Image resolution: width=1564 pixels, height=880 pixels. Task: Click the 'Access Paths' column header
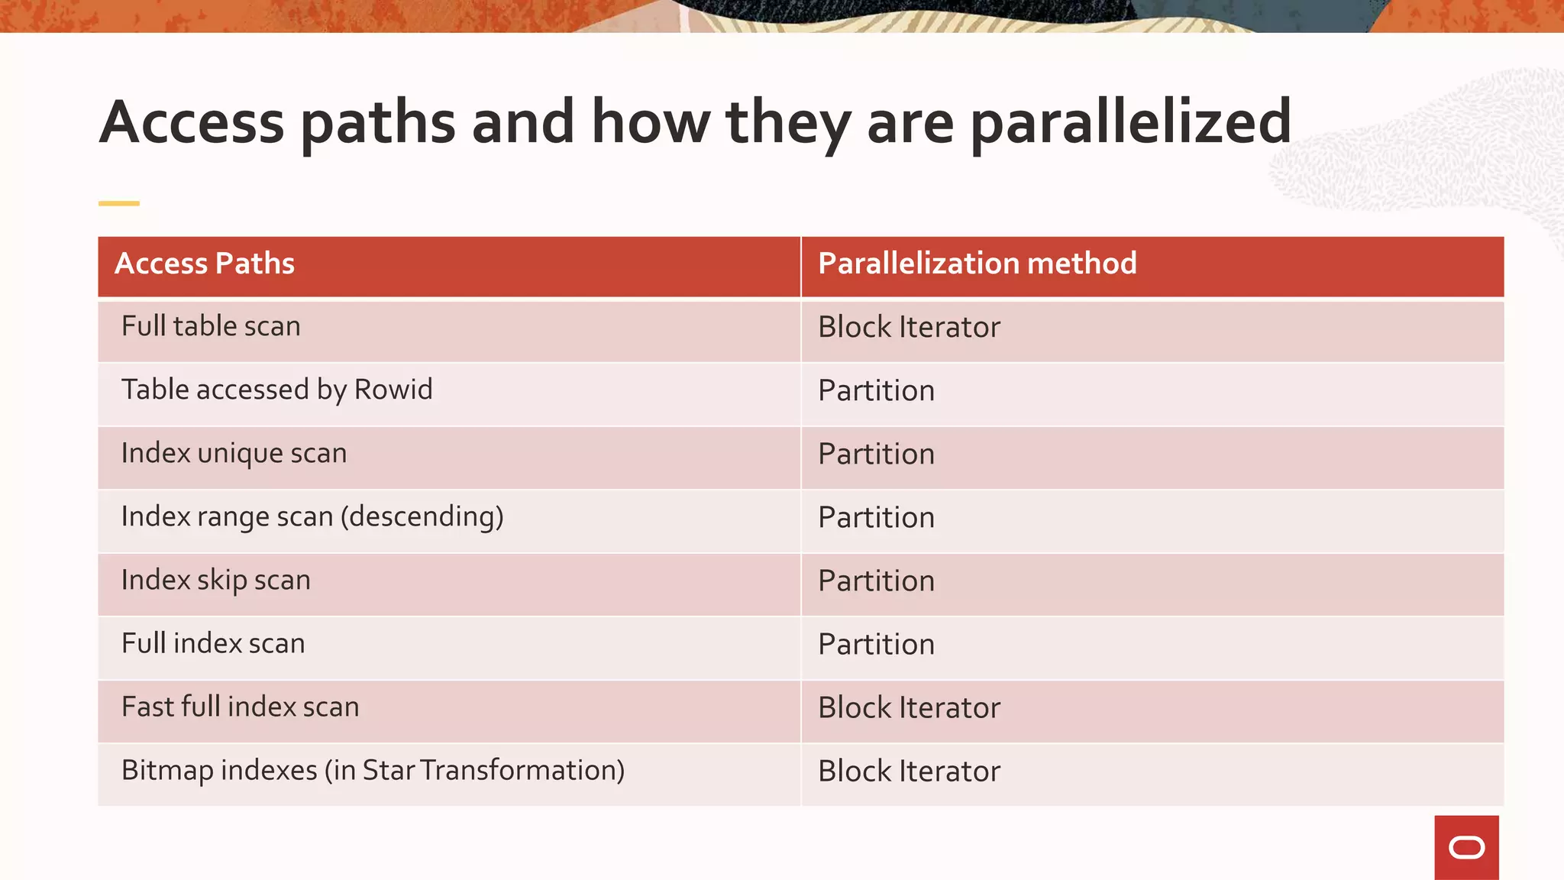point(205,264)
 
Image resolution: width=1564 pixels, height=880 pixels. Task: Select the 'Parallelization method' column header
point(977,264)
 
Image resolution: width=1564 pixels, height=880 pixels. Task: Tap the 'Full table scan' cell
point(211,327)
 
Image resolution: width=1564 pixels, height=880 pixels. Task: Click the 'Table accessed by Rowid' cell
point(276,390)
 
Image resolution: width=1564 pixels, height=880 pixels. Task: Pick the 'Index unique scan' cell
point(234,454)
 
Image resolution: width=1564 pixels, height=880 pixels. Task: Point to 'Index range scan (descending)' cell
point(312,517)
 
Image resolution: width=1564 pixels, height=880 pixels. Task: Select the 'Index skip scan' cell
point(215,581)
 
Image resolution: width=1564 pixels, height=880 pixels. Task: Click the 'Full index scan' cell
point(213,644)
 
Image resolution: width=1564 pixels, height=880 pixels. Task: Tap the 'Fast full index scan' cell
point(240,707)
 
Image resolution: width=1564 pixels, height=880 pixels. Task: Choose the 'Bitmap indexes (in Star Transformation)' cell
point(373,771)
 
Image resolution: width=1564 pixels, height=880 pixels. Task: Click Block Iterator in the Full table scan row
point(909,328)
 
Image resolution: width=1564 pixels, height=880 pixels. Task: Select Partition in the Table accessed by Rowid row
point(876,391)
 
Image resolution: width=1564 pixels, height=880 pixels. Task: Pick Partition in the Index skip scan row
point(876,581)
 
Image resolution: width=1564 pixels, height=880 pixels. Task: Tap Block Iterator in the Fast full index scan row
point(909,708)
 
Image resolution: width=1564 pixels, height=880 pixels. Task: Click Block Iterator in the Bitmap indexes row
point(909,772)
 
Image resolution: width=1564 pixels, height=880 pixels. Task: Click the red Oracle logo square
point(1466,847)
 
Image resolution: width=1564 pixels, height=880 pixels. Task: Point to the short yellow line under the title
point(119,203)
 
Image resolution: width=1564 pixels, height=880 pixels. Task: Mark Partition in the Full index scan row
point(876,645)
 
